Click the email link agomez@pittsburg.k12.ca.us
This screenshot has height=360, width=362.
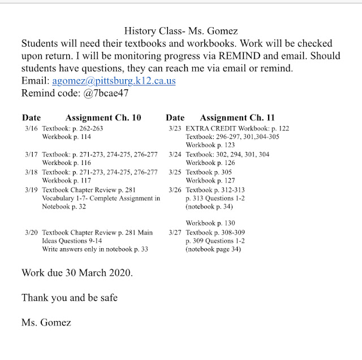tap(114, 81)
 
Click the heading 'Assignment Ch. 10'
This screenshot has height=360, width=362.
tap(104, 118)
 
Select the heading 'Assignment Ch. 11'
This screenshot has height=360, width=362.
tap(238, 118)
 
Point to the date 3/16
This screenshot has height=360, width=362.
tap(32, 129)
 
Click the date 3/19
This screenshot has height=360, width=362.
tap(32, 190)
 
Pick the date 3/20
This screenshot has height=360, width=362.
tap(32, 232)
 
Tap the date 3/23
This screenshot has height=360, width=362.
tap(175, 129)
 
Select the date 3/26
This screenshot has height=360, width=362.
tap(175, 190)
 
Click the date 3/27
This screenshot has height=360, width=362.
tap(175, 232)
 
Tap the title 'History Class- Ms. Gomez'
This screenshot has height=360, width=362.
tap(180, 32)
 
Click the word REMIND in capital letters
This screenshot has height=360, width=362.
tap(248, 56)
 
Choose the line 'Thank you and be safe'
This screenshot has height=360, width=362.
tap(70, 297)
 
